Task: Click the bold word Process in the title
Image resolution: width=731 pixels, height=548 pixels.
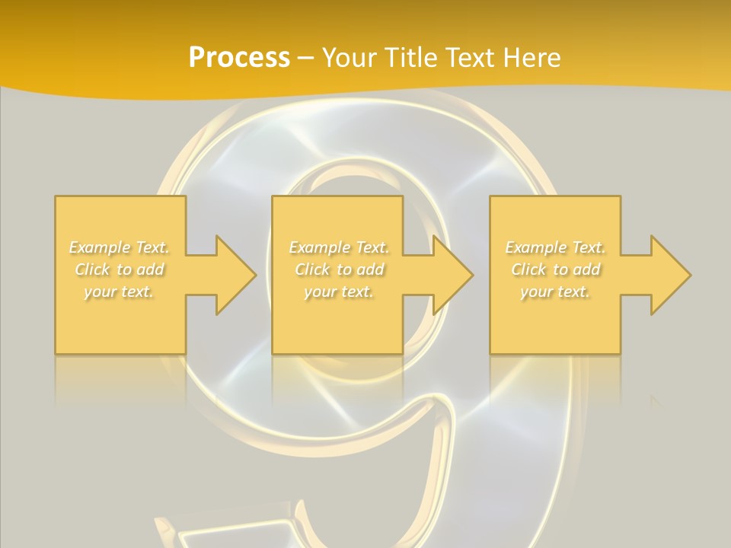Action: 239,58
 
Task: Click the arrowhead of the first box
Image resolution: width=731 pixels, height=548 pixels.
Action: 233,275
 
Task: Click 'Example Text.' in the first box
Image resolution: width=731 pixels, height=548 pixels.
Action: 119,247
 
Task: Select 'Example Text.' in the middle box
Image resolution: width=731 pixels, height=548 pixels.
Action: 338,247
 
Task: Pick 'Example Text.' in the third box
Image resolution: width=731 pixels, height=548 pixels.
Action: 554,247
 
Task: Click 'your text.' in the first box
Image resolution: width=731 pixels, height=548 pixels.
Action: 119,292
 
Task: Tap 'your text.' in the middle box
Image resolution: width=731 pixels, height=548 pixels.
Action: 338,292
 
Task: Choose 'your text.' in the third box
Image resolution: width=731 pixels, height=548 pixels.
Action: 554,292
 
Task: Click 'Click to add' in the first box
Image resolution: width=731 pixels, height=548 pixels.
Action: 119,269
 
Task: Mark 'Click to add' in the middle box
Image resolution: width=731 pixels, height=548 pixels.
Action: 338,269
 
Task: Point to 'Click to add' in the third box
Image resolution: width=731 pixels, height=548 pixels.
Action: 554,269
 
